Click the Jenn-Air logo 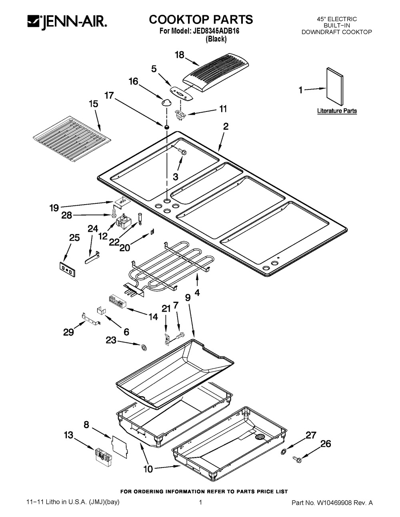[x=67, y=22]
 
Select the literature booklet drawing [x=334, y=87]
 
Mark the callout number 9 [x=187, y=297]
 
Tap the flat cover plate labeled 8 [x=119, y=446]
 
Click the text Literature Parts [x=337, y=111]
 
